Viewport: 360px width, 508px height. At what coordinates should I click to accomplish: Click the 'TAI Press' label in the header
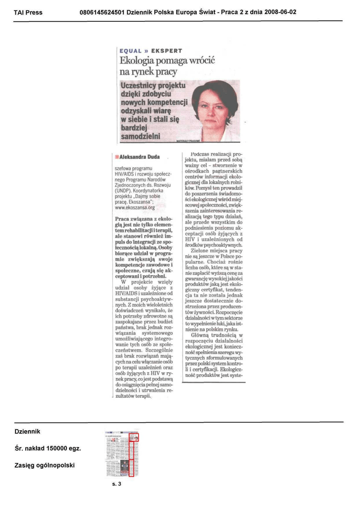(28, 12)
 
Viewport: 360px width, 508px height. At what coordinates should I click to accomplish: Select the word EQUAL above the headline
(131, 51)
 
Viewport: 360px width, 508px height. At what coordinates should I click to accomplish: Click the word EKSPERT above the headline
(166, 51)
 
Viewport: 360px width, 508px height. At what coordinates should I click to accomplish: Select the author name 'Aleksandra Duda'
(140, 157)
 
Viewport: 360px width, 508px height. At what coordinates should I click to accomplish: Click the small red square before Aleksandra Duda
(117, 157)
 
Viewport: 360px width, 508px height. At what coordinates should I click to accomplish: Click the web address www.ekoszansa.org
(135, 208)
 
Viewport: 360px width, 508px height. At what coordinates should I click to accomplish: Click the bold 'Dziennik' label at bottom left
(27, 431)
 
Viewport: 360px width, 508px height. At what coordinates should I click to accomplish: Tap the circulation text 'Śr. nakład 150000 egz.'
(48, 448)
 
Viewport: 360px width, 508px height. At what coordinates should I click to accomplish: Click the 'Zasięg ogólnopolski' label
(45, 465)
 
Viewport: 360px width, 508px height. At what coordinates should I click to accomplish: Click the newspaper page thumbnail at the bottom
(122, 453)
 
